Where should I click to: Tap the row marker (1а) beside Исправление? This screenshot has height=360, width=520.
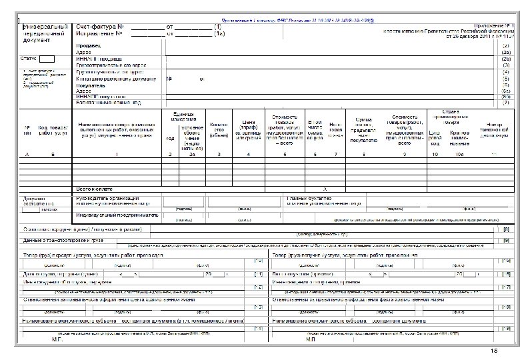(217, 33)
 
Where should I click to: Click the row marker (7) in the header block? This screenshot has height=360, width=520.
(505, 103)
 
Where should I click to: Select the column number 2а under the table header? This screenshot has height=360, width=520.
(191, 155)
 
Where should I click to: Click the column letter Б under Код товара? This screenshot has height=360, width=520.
(52, 155)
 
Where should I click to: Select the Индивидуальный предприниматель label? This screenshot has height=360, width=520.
(117, 215)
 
